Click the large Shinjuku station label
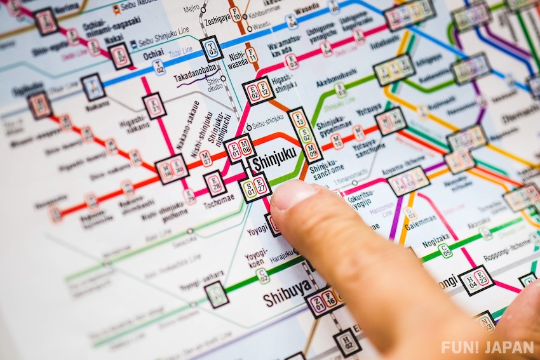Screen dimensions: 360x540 (x=274, y=163)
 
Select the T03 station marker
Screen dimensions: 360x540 (x=212, y=48)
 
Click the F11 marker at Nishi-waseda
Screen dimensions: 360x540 (x=251, y=55)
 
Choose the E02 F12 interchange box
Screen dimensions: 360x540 (x=259, y=91)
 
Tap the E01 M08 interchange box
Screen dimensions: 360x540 (x=241, y=149)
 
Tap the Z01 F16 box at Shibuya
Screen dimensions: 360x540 (x=324, y=299)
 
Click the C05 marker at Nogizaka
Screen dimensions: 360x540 (x=445, y=250)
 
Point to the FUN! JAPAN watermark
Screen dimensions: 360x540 (x=488, y=347)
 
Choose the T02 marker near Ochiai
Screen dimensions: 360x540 (x=159, y=67)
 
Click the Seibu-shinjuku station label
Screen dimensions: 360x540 (x=267, y=119)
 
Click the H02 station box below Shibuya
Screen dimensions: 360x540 (x=347, y=342)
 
